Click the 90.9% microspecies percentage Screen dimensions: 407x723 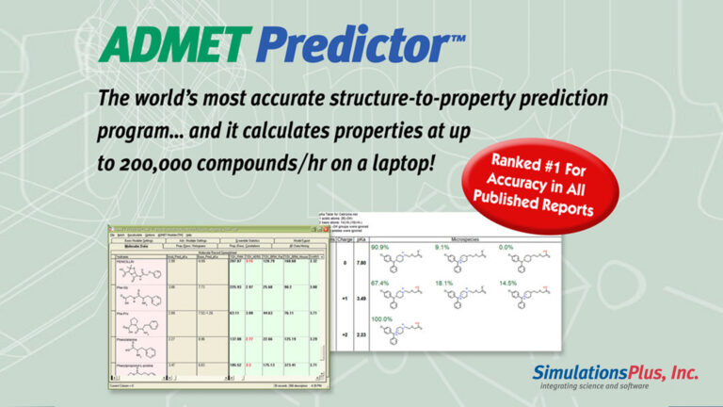coord(382,248)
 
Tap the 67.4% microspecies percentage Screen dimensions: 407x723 coord(382,282)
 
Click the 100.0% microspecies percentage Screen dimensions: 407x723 coord(384,319)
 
